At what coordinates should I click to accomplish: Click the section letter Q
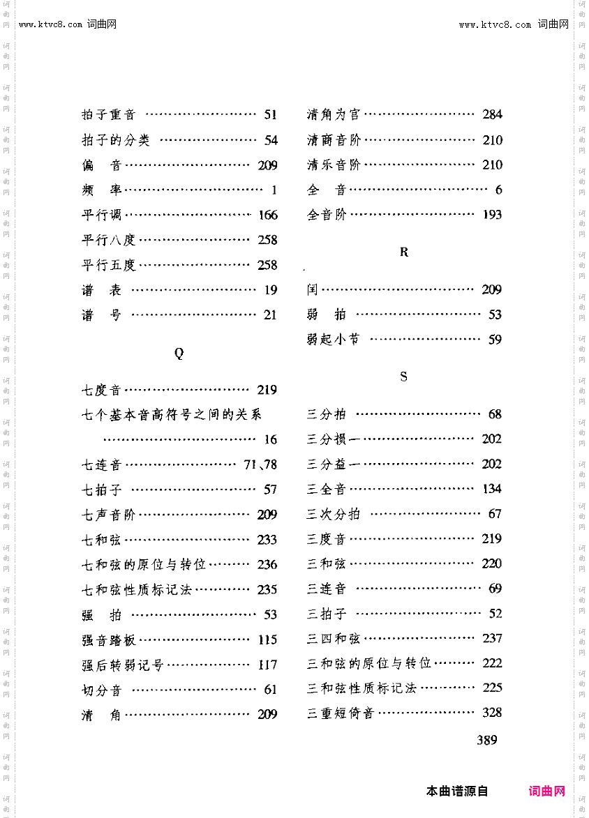pos(179,354)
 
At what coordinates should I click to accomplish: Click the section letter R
pos(404,252)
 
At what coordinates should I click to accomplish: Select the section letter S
pos(403,377)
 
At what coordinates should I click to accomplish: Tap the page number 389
pos(487,740)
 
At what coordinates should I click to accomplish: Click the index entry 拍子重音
pos(109,115)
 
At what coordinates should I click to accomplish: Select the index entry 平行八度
pos(109,240)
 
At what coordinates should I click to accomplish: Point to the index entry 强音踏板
pos(109,639)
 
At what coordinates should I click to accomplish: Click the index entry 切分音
pos(102,690)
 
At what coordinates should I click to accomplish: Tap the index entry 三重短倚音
pos(341,713)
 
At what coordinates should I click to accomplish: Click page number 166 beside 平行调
pos(267,215)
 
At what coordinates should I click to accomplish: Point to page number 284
pos(492,115)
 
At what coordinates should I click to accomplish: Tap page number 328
pos(492,713)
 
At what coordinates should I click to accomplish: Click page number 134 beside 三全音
pos(492,489)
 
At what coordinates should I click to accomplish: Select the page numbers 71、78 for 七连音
pos(260,464)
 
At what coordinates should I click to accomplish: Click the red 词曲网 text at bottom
pos(547,791)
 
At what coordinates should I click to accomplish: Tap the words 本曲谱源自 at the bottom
pos(457,791)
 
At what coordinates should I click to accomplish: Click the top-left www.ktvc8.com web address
pos(51,24)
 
